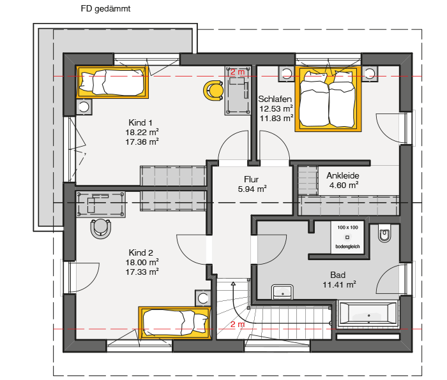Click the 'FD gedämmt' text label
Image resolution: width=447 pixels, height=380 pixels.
(105, 9)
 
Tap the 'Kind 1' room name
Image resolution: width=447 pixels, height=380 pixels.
(140, 122)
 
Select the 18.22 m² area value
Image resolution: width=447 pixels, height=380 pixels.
(142, 133)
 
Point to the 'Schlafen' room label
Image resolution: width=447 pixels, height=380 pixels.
(275, 99)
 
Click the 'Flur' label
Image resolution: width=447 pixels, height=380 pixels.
(251, 179)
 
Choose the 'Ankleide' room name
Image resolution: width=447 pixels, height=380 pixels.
(343, 175)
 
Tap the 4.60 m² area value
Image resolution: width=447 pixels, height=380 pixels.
(344, 186)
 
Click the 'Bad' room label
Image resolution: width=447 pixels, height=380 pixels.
(338, 275)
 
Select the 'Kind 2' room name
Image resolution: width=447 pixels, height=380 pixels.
(141, 252)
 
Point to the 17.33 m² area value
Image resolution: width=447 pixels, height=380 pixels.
(142, 272)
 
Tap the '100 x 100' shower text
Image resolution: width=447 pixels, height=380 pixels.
(347, 228)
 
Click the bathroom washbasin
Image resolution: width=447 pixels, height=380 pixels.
(282, 292)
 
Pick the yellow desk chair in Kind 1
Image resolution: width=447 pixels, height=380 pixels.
(213, 91)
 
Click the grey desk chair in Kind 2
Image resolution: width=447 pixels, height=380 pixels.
(101, 228)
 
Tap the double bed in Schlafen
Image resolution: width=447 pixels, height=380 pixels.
(328, 99)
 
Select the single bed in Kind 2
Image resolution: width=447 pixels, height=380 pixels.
(175, 323)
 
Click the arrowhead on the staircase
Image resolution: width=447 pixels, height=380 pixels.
(234, 284)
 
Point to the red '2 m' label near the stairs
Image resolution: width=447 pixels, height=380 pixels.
(238, 324)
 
